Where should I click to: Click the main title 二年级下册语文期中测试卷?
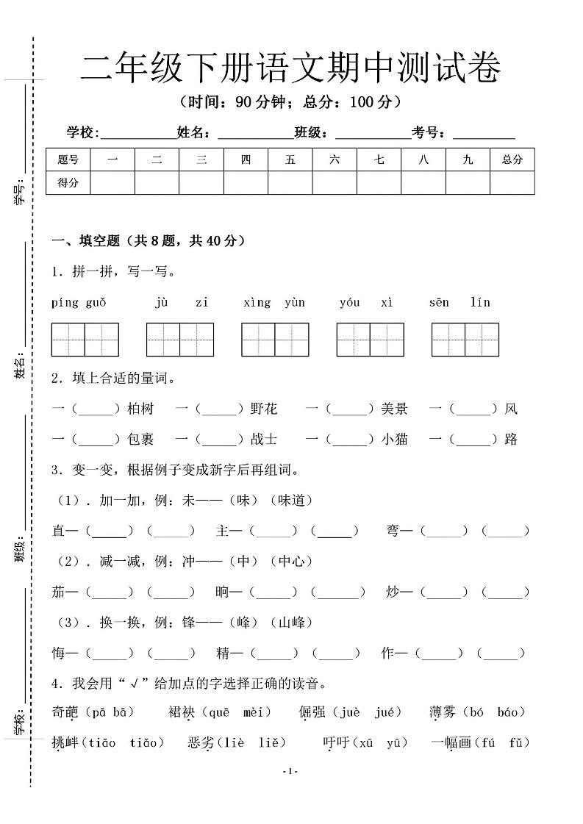pyautogui.click(x=290, y=71)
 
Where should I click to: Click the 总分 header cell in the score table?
pyautogui.click(x=512, y=160)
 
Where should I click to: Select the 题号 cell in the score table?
pyautogui.click(x=68, y=160)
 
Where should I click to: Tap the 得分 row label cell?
pyautogui.click(x=68, y=183)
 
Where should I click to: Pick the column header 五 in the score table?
pyautogui.click(x=290, y=160)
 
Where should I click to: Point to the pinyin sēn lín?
pyautogui.click(x=459, y=302)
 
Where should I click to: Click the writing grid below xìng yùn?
pyautogui.click(x=275, y=339)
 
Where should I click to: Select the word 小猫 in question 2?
pyautogui.click(x=394, y=440)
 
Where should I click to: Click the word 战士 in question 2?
pyautogui.click(x=264, y=440)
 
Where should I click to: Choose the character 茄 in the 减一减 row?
pyautogui.click(x=60, y=592)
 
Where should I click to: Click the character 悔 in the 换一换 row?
pyautogui.click(x=60, y=653)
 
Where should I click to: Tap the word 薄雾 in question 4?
pyautogui.click(x=443, y=712)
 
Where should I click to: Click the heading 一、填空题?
pyautogui.click(x=87, y=240)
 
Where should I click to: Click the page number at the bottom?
pyautogui.click(x=290, y=770)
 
